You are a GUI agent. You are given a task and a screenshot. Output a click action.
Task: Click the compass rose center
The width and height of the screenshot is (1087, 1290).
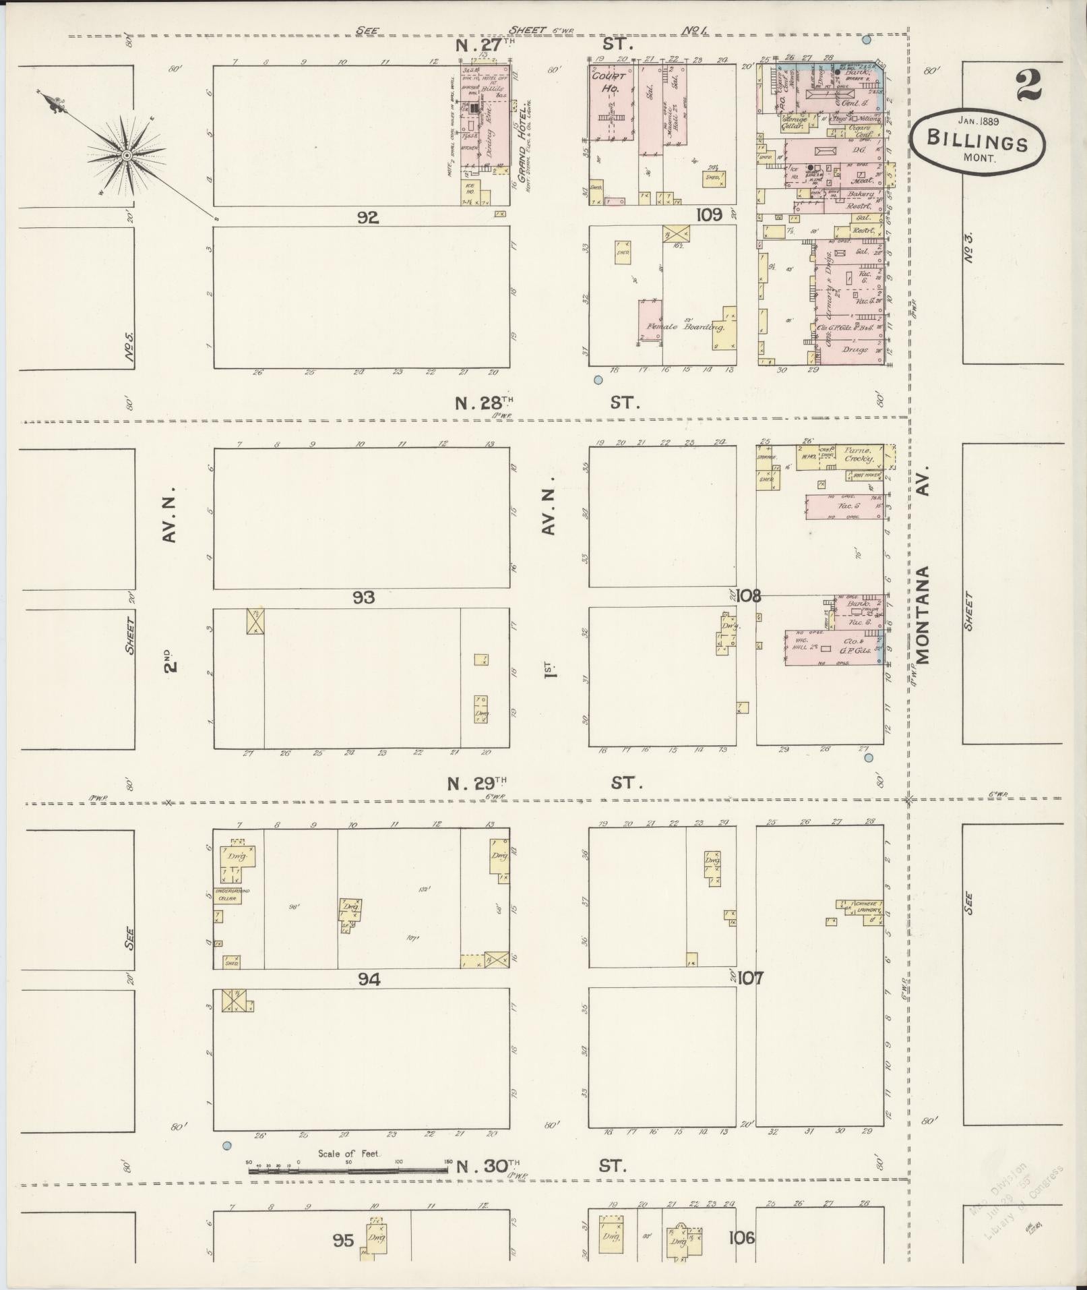(x=126, y=156)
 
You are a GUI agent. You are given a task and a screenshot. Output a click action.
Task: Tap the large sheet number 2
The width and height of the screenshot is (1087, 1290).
(x=1028, y=85)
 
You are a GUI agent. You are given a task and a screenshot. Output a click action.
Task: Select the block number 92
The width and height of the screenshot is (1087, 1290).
(x=369, y=217)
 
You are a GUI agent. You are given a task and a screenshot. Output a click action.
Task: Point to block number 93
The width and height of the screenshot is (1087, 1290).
(x=363, y=597)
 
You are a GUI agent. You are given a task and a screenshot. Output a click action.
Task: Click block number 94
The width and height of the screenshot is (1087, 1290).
(x=369, y=979)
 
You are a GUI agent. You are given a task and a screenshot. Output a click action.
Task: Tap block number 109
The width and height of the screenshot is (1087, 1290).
(x=709, y=214)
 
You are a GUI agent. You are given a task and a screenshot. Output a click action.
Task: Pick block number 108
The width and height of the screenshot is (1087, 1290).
(x=749, y=596)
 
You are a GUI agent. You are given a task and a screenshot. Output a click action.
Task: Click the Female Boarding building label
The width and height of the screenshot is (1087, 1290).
(x=685, y=328)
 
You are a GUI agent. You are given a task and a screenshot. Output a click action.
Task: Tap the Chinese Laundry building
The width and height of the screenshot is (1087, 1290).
(x=865, y=908)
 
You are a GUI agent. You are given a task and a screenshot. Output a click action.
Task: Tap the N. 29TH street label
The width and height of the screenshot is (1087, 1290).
(x=476, y=784)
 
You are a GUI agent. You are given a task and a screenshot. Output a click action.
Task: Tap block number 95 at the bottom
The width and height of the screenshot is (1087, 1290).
(x=342, y=1240)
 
